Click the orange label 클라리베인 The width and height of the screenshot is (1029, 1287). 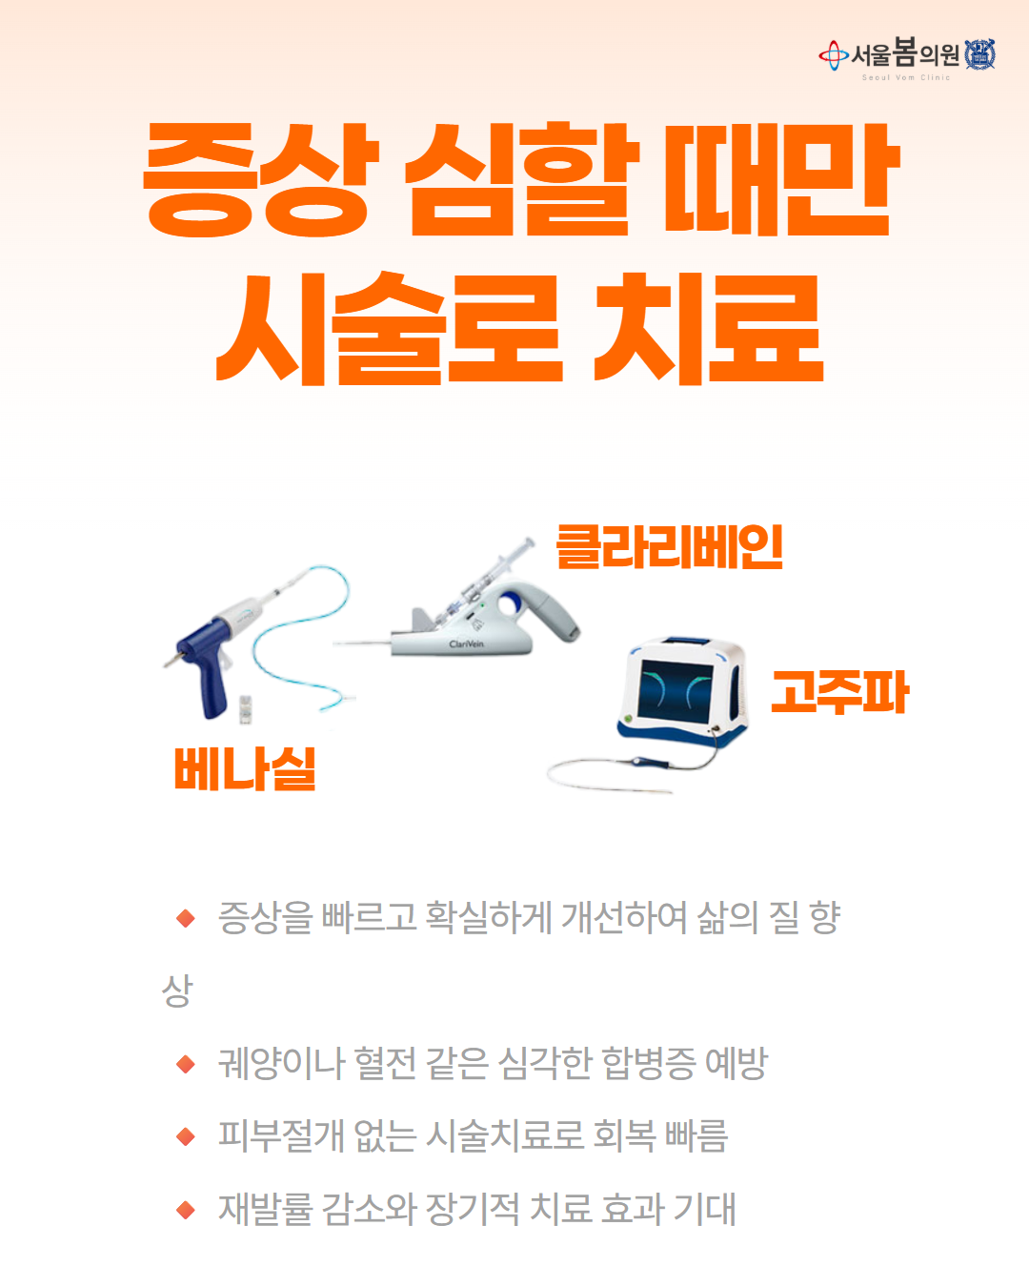[x=669, y=546]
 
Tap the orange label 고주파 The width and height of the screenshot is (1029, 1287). [x=839, y=692]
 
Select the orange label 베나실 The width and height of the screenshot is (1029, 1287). [x=245, y=768]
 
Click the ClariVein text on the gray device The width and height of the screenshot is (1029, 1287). [x=466, y=643]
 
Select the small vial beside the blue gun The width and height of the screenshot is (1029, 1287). [x=246, y=709]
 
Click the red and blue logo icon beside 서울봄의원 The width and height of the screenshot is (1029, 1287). [x=834, y=55]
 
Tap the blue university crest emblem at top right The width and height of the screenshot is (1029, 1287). [x=980, y=54]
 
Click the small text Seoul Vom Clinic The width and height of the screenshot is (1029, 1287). [x=906, y=78]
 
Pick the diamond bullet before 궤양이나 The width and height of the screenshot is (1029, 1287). [x=186, y=1064]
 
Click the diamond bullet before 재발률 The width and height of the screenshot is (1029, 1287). [x=186, y=1210]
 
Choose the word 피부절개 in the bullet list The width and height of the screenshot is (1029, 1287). [x=281, y=1135]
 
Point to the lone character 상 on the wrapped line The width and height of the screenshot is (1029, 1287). [x=177, y=991]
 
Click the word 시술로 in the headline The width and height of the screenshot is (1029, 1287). [x=390, y=328]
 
